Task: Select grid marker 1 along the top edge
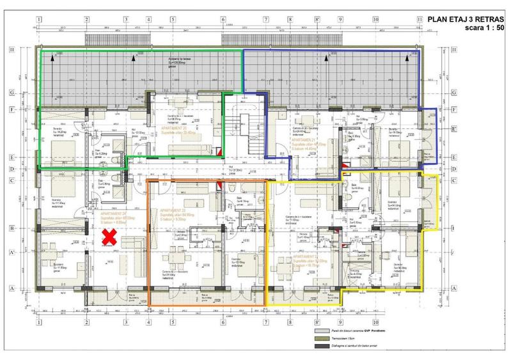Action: point(39,19)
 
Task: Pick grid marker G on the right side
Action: point(453,93)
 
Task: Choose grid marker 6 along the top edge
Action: point(223,19)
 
